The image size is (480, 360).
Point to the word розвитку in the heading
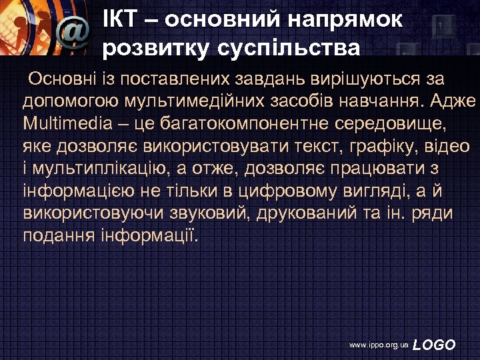click(x=144, y=49)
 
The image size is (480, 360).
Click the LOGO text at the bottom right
click(x=435, y=345)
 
